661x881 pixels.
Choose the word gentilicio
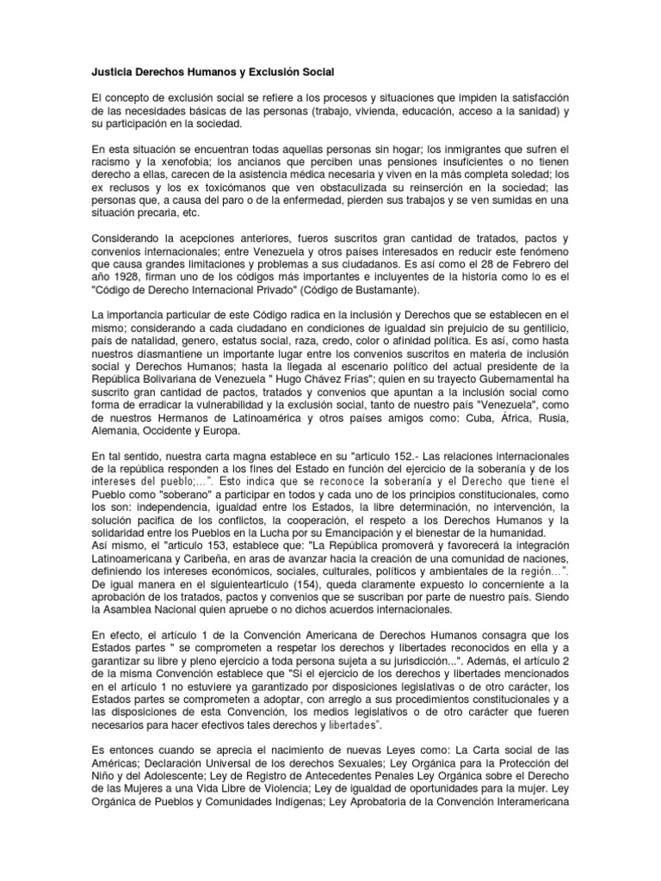540,332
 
